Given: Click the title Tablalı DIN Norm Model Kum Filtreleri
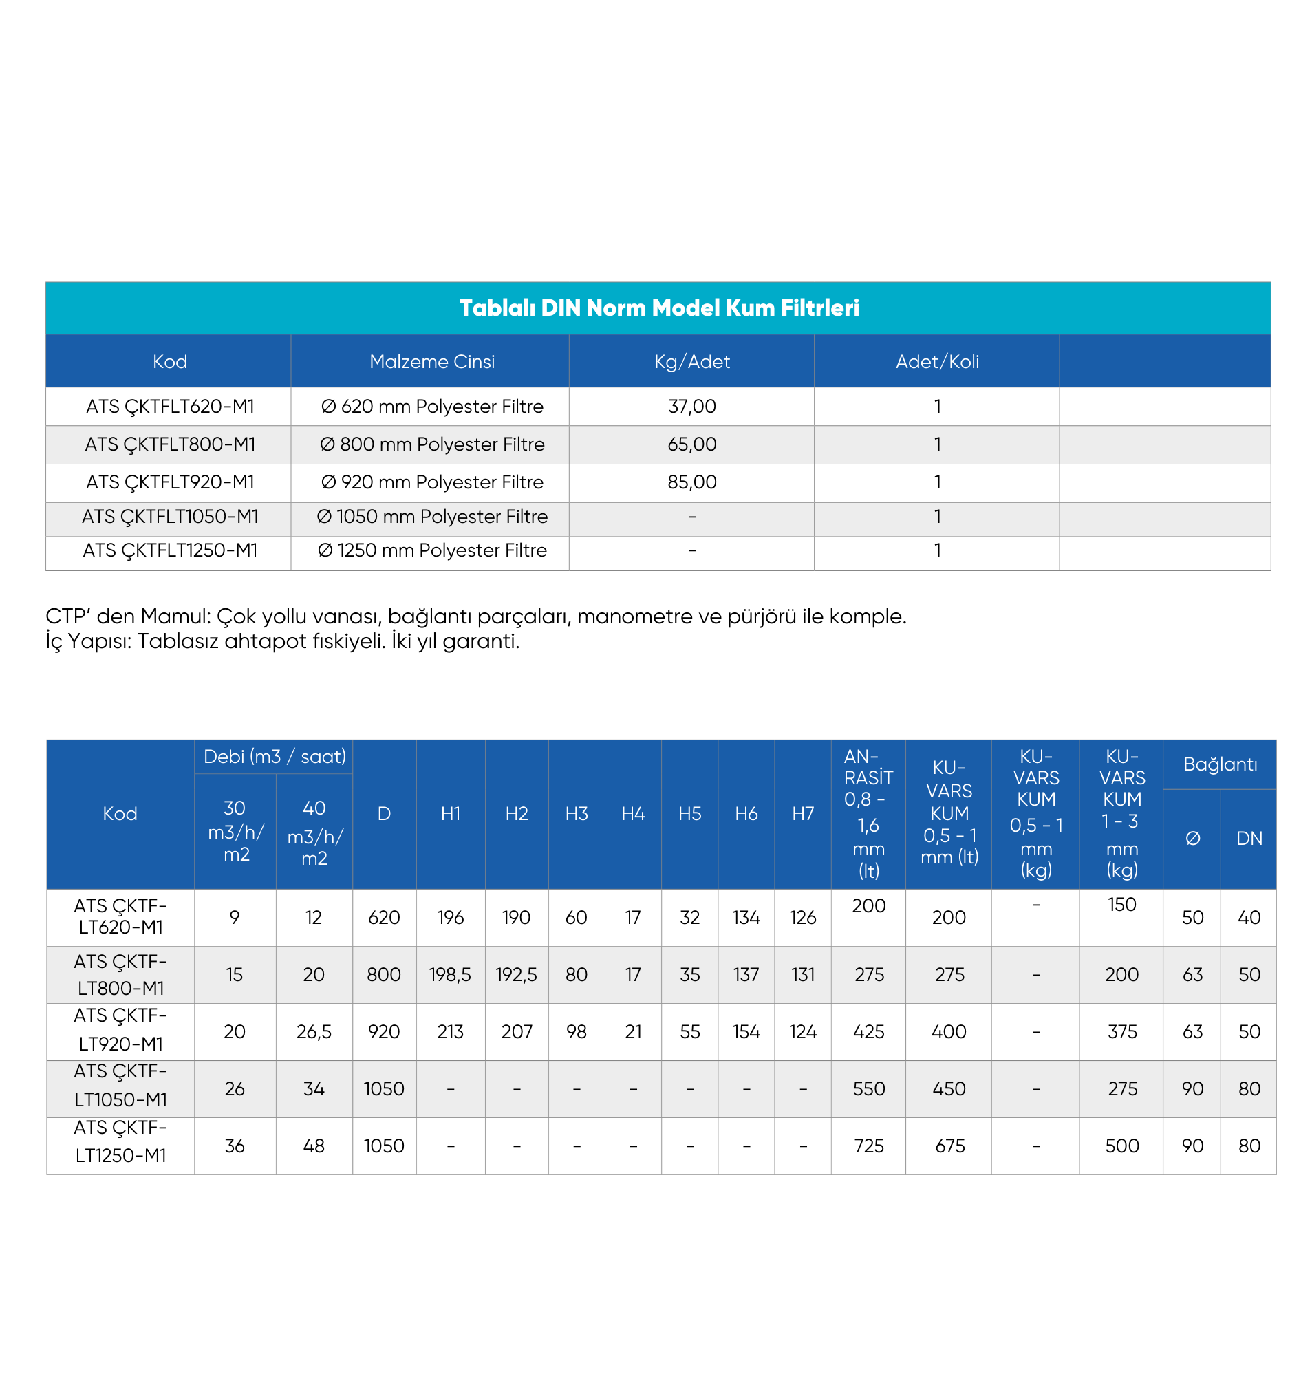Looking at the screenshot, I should (x=658, y=308).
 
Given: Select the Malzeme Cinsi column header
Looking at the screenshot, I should (x=432, y=361).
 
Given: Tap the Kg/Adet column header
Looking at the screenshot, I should (x=691, y=361).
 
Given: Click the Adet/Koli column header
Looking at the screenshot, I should (x=936, y=361).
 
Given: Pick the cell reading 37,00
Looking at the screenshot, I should (x=691, y=407).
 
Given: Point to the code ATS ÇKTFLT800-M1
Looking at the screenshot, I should (x=170, y=444).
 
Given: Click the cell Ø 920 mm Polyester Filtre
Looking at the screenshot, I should (x=432, y=482).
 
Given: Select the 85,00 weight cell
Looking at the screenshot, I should (x=691, y=482).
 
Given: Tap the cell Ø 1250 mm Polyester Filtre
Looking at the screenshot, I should (x=432, y=550).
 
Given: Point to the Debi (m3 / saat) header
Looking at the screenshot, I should (x=275, y=757).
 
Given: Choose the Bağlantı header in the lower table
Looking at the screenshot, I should (x=1219, y=764).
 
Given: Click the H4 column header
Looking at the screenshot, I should (x=632, y=814).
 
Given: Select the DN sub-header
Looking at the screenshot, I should (x=1249, y=839).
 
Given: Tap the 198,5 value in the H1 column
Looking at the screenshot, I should (x=450, y=974).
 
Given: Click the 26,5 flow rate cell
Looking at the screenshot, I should (x=314, y=1032).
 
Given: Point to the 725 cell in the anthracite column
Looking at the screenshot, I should (x=868, y=1146).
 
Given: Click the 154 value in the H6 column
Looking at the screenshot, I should (x=746, y=1032).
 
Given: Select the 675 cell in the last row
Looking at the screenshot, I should (x=949, y=1146).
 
